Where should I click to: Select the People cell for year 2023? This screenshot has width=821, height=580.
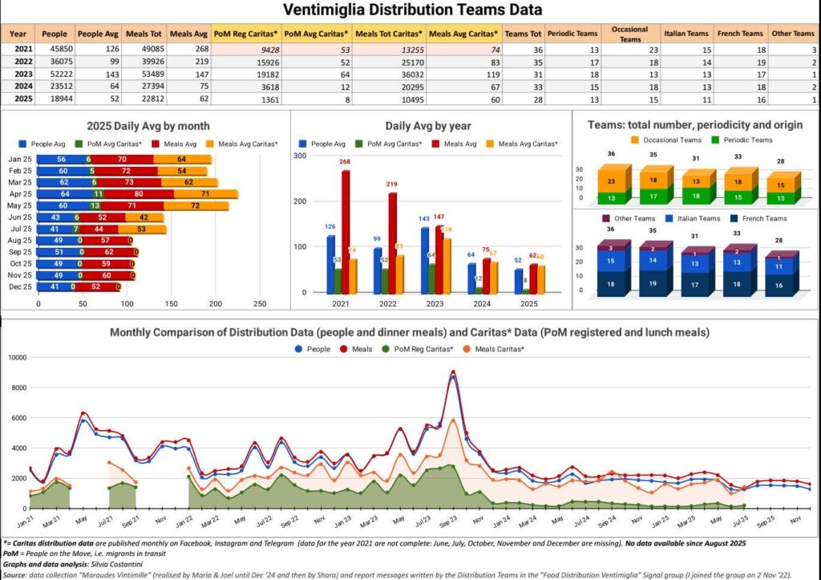click(x=55, y=71)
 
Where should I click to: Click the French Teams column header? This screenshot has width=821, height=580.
click(x=740, y=34)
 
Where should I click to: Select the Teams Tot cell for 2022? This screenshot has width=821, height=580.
click(x=524, y=61)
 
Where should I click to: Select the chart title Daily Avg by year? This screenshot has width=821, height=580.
click(x=428, y=126)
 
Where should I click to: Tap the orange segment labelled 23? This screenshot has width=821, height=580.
click(x=612, y=181)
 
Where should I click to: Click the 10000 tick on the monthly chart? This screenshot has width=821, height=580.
click(x=16, y=357)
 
